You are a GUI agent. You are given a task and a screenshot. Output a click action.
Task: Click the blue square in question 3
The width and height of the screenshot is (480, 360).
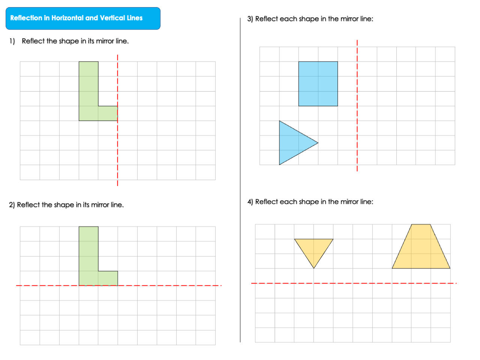click(318, 84)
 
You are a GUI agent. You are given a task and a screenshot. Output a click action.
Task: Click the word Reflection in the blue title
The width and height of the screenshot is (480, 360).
click(26, 18)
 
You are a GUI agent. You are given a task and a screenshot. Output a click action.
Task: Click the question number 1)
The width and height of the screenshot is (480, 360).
click(12, 41)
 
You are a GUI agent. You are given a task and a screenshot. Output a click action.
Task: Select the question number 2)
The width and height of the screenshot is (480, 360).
click(12, 205)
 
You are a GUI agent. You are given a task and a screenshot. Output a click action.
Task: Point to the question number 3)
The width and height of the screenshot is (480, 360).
click(250, 19)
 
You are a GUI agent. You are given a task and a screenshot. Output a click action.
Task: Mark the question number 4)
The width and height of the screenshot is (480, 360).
click(250, 202)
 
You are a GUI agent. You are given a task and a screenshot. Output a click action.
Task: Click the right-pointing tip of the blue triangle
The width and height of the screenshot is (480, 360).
click(318, 143)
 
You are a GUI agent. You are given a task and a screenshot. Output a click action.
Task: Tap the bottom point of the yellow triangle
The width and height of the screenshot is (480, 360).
click(314, 268)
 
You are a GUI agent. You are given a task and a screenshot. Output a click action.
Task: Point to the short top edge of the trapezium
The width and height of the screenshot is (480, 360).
click(421, 224)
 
